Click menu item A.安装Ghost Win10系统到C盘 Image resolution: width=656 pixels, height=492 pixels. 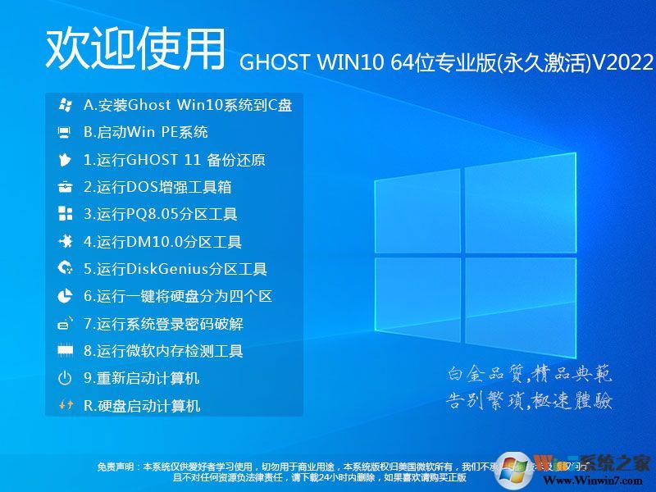(x=188, y=105)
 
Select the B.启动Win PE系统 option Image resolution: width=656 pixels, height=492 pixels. (x=146, y=132)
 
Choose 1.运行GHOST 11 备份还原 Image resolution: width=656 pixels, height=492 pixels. (x=175, y=160)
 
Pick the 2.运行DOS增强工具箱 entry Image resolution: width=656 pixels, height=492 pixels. (x=157, y=187)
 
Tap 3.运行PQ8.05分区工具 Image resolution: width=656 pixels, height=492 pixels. (x=161, y=215)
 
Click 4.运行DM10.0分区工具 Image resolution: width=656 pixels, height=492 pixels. (x=162, y=242)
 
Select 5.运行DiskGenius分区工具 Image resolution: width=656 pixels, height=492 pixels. (x=175, y=269)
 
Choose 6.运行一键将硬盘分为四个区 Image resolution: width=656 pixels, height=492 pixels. (x=178, y=296)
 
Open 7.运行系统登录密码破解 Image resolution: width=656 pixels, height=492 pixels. (x=164, y=324)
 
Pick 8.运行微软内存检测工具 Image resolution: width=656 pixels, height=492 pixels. (x=164, y=351)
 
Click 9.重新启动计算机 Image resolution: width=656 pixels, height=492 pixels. (x=142, y=378)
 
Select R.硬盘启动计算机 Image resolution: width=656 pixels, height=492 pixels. (x=142, y=406)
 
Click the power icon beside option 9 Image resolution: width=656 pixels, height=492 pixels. (x=65, y=378)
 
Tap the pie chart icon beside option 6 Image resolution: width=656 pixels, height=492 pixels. (x=65, y=296)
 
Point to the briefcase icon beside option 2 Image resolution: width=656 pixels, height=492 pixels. (x=65, y=187)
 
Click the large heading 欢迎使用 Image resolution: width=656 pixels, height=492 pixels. (x=134, y=49)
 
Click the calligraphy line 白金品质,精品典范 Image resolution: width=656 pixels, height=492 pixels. (x=529, y=375)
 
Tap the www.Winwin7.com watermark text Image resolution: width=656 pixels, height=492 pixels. (x=592, y=478)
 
